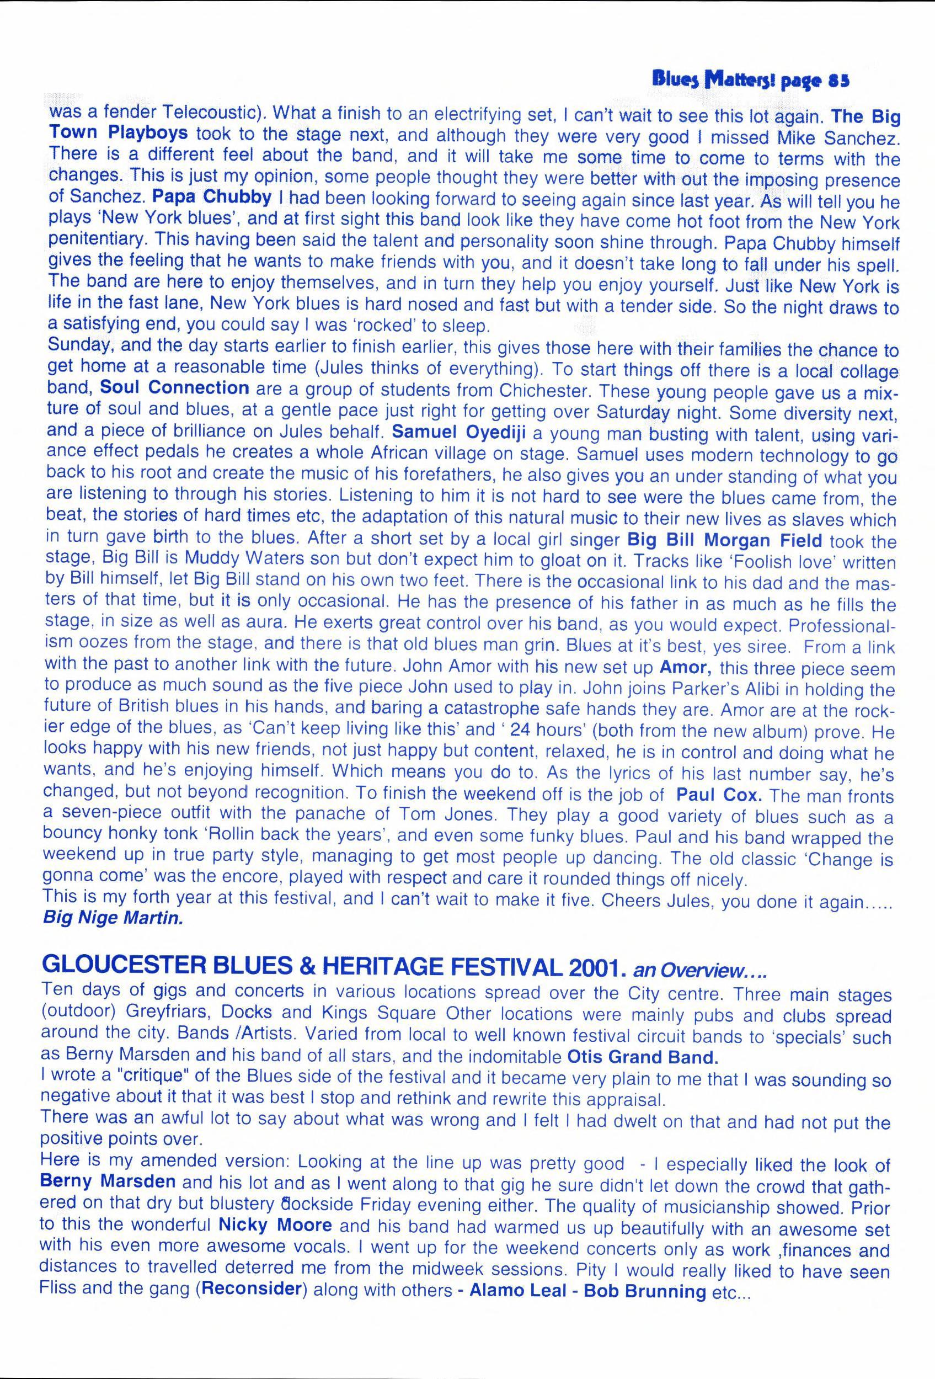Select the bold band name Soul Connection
click(x=174, y=387)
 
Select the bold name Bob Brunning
click(x=645, y=1291)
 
